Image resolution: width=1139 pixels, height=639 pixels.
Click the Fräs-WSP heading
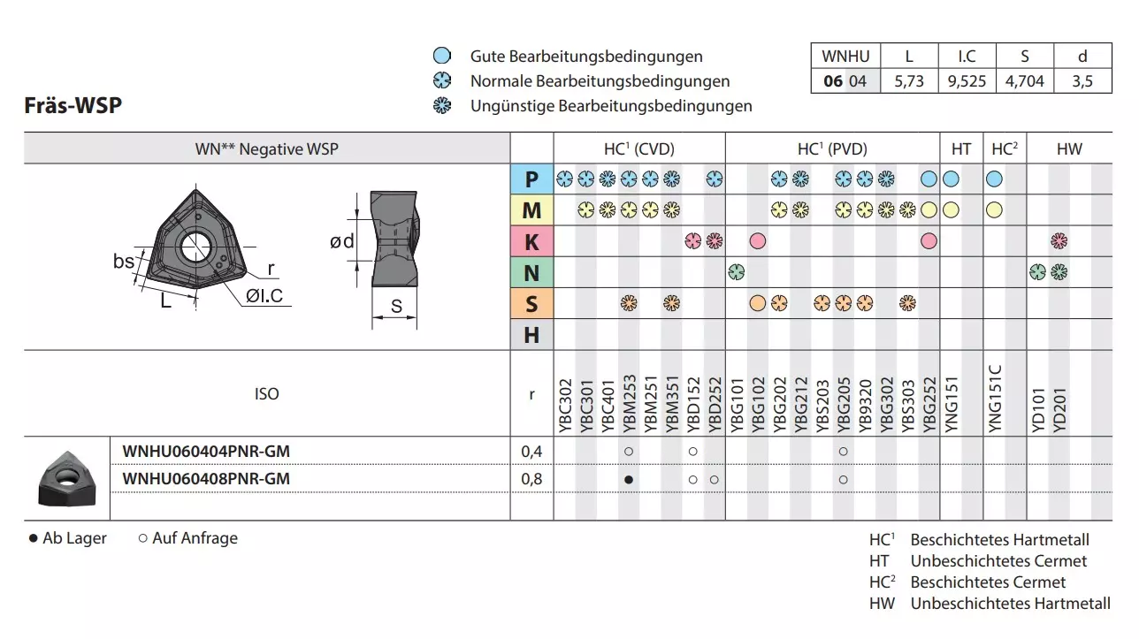click(73, 105)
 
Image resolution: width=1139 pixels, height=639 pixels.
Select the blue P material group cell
click(531, 179)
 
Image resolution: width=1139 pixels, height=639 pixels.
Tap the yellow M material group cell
click(531, 210)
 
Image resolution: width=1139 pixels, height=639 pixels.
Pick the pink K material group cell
click(531, 241)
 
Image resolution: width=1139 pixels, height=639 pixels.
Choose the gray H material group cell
click(531, 335)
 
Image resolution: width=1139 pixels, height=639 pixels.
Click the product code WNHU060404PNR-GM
click(206, 452)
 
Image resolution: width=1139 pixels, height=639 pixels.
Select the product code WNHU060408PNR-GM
click(206, 479)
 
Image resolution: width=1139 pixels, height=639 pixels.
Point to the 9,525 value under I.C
click(967, 81)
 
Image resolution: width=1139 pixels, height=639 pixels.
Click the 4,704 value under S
click(1024, 81)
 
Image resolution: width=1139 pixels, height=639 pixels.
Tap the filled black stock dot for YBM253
click(628, 479)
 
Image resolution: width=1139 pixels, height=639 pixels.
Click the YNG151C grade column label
click(993, 399)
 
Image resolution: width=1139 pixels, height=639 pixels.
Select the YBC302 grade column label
click(565, 407)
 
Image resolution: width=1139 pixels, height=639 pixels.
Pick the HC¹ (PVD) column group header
click(832, 149)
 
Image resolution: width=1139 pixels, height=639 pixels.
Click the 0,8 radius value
click(531, 479)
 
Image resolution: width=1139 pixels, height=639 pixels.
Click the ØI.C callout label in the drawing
click(265, 296)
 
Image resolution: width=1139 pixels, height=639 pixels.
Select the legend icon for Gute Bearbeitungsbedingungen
click(442, 57)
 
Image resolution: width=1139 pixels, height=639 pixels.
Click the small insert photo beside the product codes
click(66, 477)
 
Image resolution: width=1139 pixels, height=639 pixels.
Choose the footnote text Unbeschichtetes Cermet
click(998, 561)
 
